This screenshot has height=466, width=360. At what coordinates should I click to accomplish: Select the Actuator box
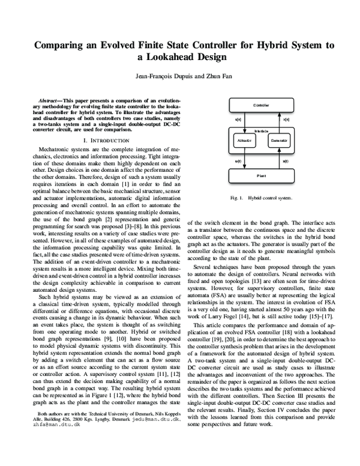click(x=244, y=140)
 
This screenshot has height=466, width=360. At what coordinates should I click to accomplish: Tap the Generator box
click(x=279, y=140)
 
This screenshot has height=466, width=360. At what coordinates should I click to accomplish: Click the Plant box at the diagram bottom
click(x=261, y=176)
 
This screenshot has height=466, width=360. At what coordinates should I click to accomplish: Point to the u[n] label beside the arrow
click(x=238, y=120)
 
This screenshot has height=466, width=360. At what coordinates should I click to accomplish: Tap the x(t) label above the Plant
click(x=285, y=160)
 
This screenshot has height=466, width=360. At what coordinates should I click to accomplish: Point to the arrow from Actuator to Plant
click(x=243, y=159)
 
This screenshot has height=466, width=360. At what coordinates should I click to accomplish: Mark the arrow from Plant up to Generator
click(x=279, y=159)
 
